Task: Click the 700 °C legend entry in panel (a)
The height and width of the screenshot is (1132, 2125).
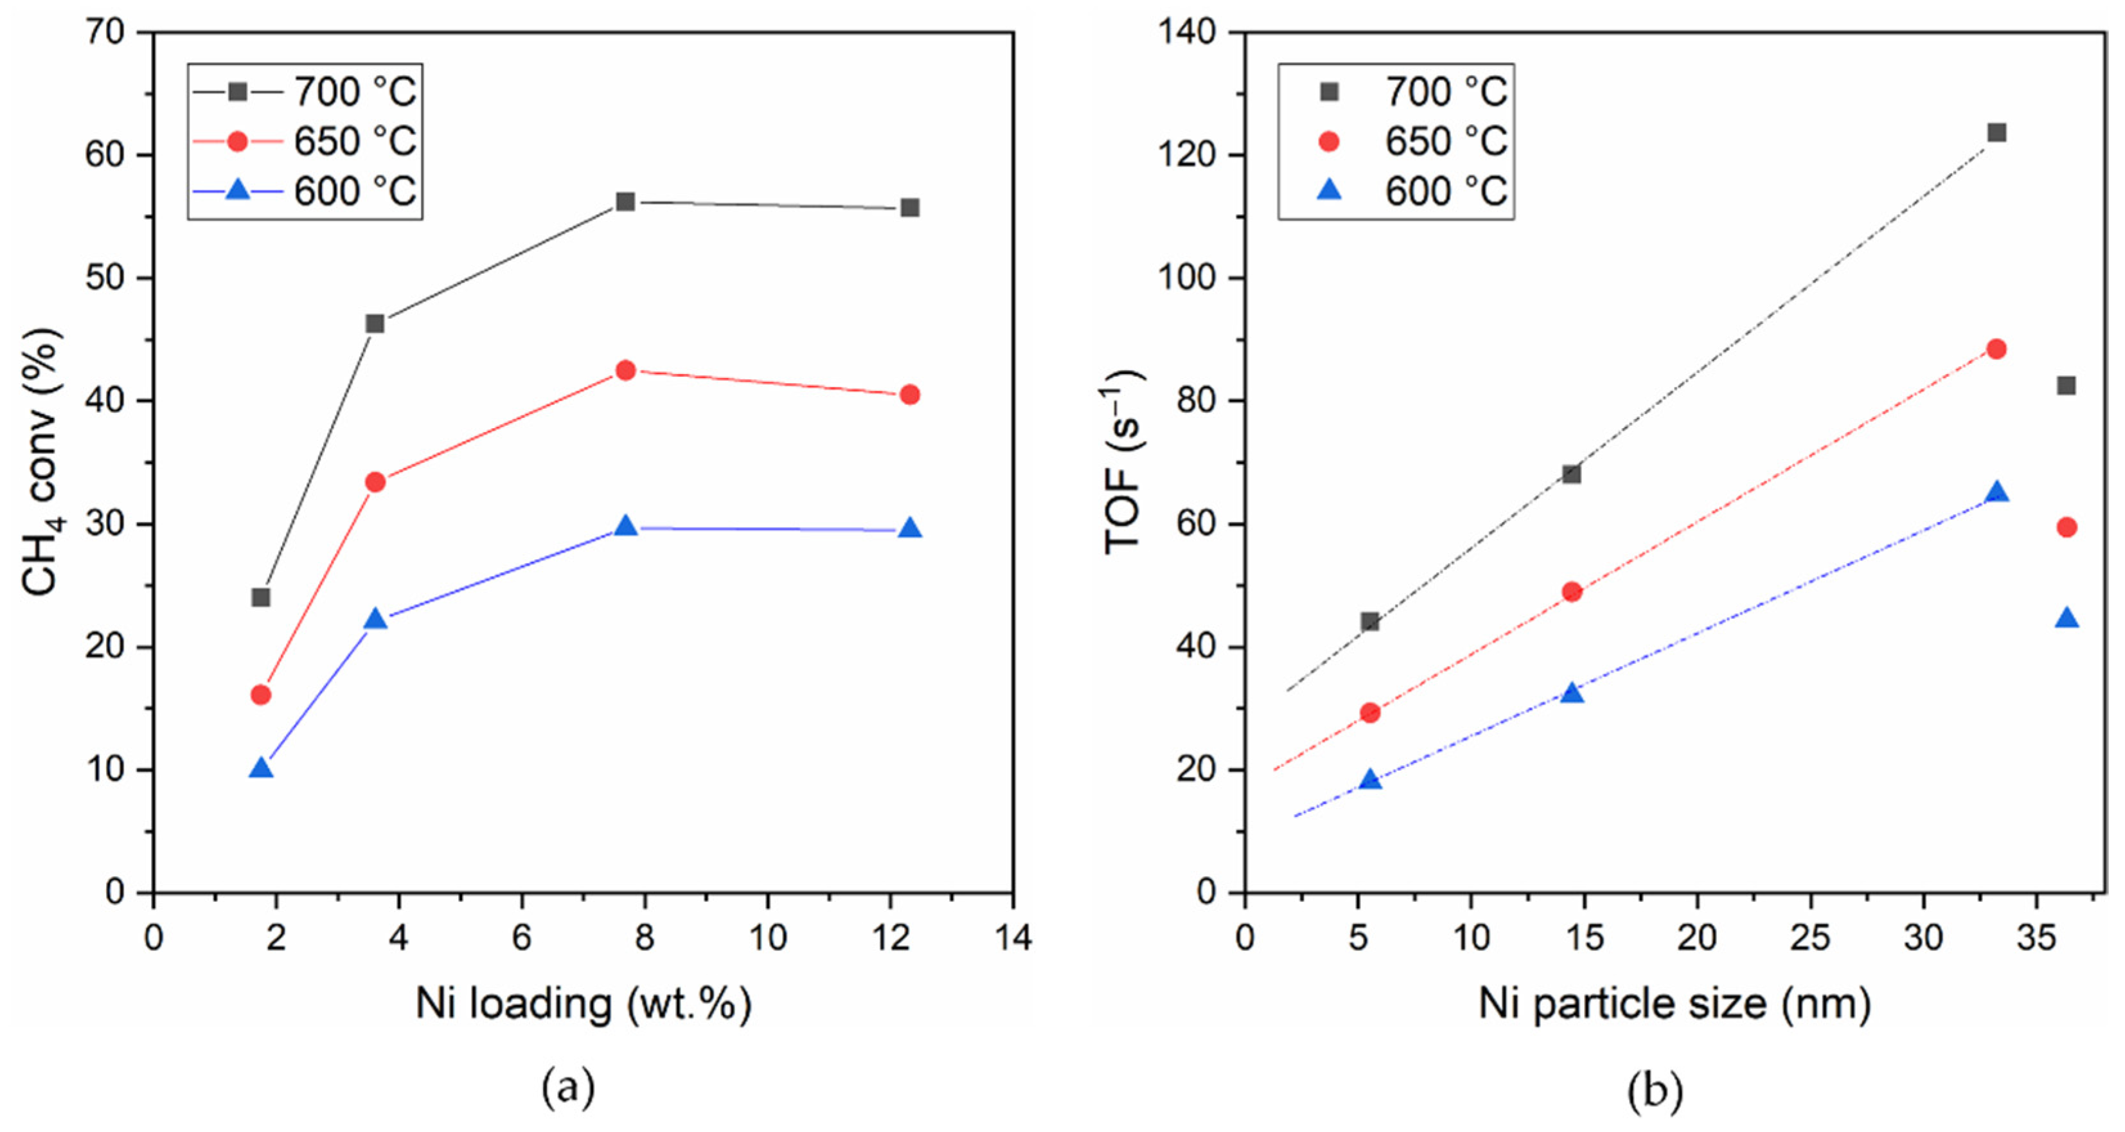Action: (x=305, y=91)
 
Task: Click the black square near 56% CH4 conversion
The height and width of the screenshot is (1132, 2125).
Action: (x=625, y=201)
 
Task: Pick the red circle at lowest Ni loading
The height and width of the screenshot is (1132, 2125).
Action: (x=261, y=695)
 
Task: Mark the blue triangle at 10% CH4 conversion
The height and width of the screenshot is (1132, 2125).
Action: (x=261, y=769)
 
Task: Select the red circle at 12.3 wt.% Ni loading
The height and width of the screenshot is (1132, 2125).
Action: (x=910, y=395)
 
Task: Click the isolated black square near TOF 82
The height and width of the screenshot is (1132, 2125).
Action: (x=2066, y=385)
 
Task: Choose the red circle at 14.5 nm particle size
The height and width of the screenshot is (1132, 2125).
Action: (x=1572, y=591)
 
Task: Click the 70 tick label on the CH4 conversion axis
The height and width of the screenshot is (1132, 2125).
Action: (x=105, y=33)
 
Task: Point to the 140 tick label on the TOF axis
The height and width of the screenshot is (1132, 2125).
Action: (x=1188, y=33)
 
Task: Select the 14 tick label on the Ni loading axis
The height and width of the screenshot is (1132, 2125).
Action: (x=1013, y=937)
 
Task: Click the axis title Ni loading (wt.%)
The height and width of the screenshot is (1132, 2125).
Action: (x=583, y=1004)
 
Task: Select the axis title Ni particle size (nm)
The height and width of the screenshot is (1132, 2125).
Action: (x=1675, y=1004)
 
